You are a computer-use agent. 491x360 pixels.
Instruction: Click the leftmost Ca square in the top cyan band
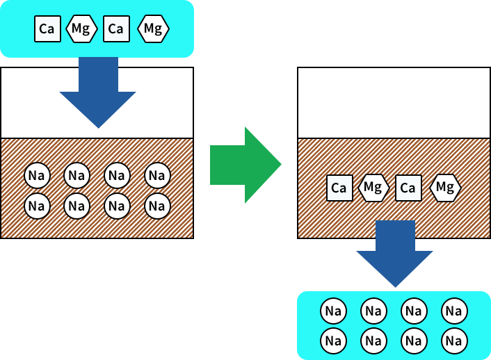point(47,28)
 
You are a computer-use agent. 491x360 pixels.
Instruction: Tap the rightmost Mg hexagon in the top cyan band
point(153,28)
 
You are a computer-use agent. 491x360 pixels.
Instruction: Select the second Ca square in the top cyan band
point(115,28)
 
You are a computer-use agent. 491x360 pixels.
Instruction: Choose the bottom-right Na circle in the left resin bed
point(157,206)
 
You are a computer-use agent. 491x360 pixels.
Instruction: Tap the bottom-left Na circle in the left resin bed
point(37,206)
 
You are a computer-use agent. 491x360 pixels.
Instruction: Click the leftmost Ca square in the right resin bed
point(339,188)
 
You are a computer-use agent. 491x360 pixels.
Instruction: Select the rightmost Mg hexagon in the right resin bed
point(445,188)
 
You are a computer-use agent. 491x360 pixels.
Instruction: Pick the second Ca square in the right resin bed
point(408,188)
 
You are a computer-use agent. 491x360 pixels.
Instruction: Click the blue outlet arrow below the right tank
point(394,261)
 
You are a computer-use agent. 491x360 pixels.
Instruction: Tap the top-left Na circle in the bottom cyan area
point(333,311)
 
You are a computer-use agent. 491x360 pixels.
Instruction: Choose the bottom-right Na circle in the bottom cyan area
point(453,341)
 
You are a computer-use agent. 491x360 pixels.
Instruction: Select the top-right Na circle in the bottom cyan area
point(453,311)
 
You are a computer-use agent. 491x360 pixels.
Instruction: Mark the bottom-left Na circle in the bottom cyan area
point(333,341)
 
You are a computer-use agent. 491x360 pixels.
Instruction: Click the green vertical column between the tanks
point(224,118)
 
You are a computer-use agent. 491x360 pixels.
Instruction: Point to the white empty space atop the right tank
point(394,102)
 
